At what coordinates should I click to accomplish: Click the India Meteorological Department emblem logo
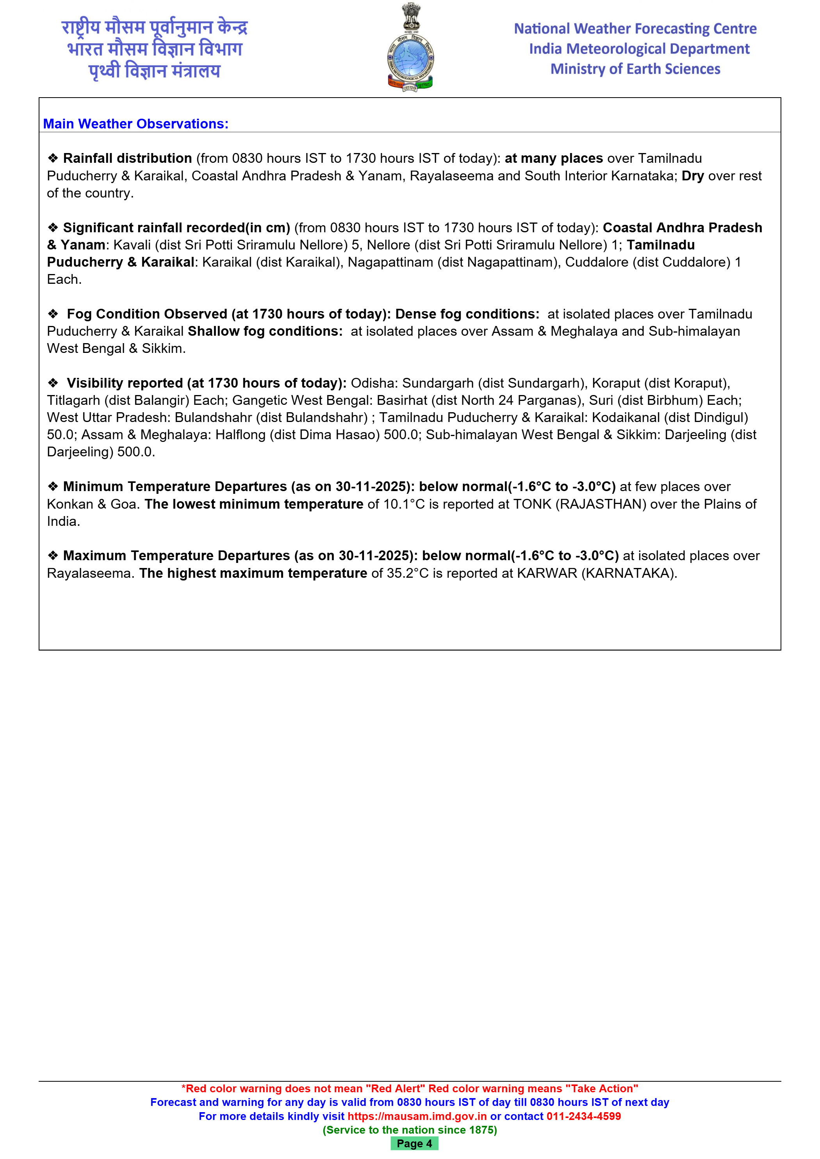tap(410, 48)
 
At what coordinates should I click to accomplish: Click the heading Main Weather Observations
tap(136, 124)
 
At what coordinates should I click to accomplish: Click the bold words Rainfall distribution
tap(127, 158)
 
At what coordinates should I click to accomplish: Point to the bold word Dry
tap(692, 176)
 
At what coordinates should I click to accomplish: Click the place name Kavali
tap(132, 245)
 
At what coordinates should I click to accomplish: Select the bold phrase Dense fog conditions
tap(467, 314)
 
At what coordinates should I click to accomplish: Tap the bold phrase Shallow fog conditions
tap(265, 331)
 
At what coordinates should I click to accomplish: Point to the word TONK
tap(532, 504)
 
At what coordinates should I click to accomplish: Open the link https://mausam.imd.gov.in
tap(417, 1116)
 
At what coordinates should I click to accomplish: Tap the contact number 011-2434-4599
tap(583, 1116)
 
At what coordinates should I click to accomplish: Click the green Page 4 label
tap(414, 1143)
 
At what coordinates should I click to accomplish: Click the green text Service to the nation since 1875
tap(410, 1130)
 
